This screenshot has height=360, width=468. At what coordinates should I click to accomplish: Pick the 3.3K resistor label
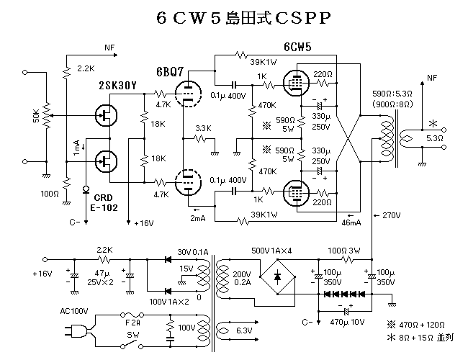tap(203, 128)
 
